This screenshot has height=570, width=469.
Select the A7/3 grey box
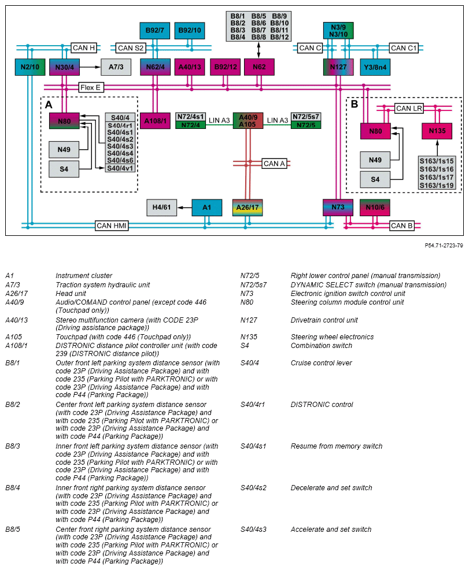coord(116,67)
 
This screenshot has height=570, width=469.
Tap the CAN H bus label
coord(83,47)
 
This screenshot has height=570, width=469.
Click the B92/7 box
coord(155,30)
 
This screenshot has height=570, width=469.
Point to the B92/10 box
coord(190,30)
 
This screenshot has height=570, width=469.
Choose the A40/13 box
coord(190,67)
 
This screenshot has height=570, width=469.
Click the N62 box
coord(259,67)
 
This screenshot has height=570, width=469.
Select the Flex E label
coord(90,87)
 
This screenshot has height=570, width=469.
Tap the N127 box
coord(338,67)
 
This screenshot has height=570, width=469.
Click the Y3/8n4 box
coord(375,67)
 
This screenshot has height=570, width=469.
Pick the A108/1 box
coord(155,121)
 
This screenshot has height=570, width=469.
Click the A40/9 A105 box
coord(248,120)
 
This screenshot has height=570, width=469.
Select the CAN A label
coord(274,164)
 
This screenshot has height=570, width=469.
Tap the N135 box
coord(437,131)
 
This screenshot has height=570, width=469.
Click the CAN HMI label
coord(112,225)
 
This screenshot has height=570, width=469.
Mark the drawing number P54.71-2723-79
coord(444,245)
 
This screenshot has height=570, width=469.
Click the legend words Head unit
coord(70,293)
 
